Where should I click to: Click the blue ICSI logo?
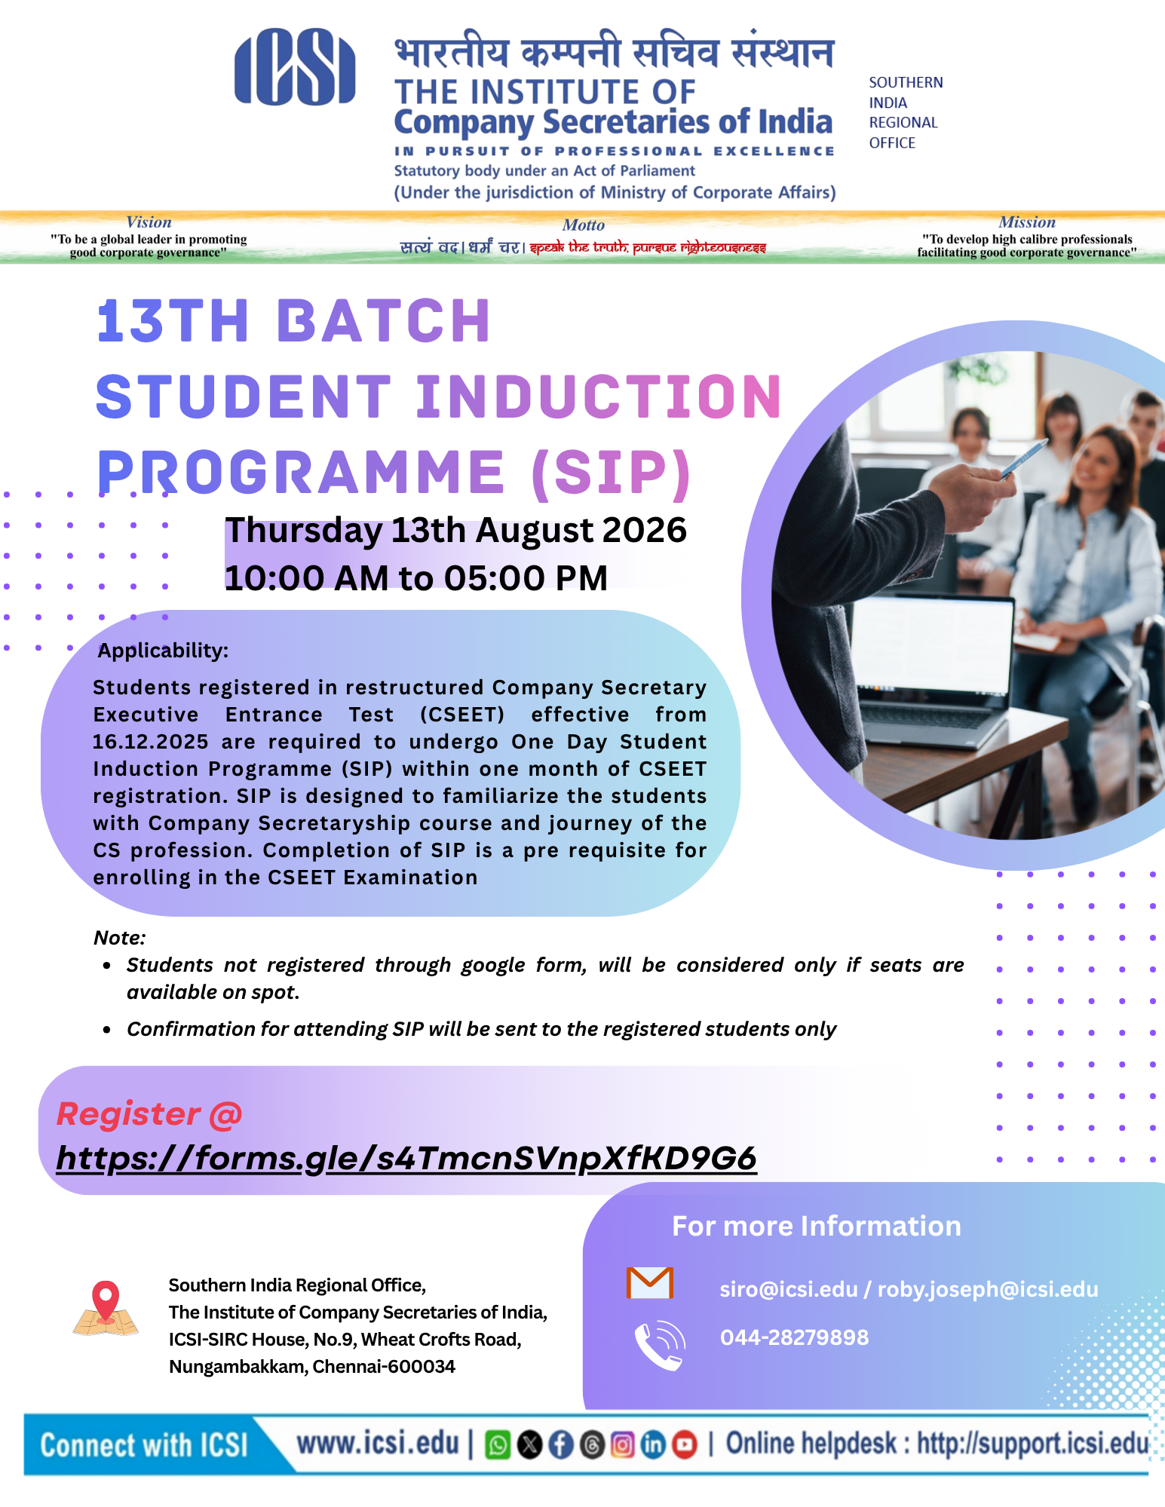click(295, 66)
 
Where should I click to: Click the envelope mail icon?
click(650, 1282)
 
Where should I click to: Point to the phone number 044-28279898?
click(794, 1337)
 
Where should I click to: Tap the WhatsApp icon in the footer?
click(498, 1444)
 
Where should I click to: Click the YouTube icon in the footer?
click(684, 1444)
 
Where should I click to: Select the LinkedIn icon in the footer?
click(653, 1444)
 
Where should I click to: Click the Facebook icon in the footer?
click(560, 1444)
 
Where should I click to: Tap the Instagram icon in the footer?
click(622, 1444)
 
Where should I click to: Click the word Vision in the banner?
click(149, 222)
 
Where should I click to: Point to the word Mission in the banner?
click(1027, 222)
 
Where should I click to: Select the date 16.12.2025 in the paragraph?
click(151, 742)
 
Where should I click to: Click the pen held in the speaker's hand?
click(1023, 458)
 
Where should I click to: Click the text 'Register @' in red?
click(149, 1114)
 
